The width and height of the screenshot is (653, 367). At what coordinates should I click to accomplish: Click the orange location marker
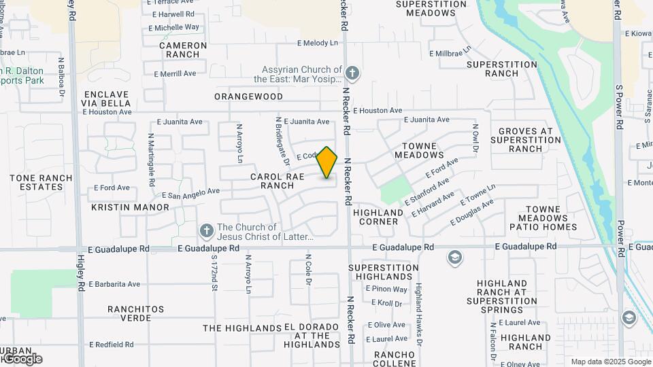pyautogui.click(x=327, y=162)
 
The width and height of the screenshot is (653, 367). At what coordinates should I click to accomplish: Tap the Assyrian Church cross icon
pyautogui.click(x=352, y=72)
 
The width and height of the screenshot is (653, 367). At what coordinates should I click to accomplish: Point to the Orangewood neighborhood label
pyautogui.click(x=248, y=97)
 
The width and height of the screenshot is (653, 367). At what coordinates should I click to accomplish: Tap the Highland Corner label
pyautogui.click(x=378, y=217)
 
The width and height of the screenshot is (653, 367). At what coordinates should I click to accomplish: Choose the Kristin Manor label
pyautogui.click(x=130, y=207)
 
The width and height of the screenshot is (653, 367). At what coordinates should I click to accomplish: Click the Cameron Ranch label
pyautogui.click(x=183, y=50)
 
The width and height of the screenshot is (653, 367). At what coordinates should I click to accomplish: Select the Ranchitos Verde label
pyautogui.click(x=135, y=313)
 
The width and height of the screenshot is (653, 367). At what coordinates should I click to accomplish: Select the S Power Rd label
pyautogui.click(x=619, y=107)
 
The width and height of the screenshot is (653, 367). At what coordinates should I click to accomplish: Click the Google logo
pyautogui.click(x=22, y=359)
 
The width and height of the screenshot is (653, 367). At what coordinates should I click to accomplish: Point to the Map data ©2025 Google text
pyautogui.click(x=609, y=362)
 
